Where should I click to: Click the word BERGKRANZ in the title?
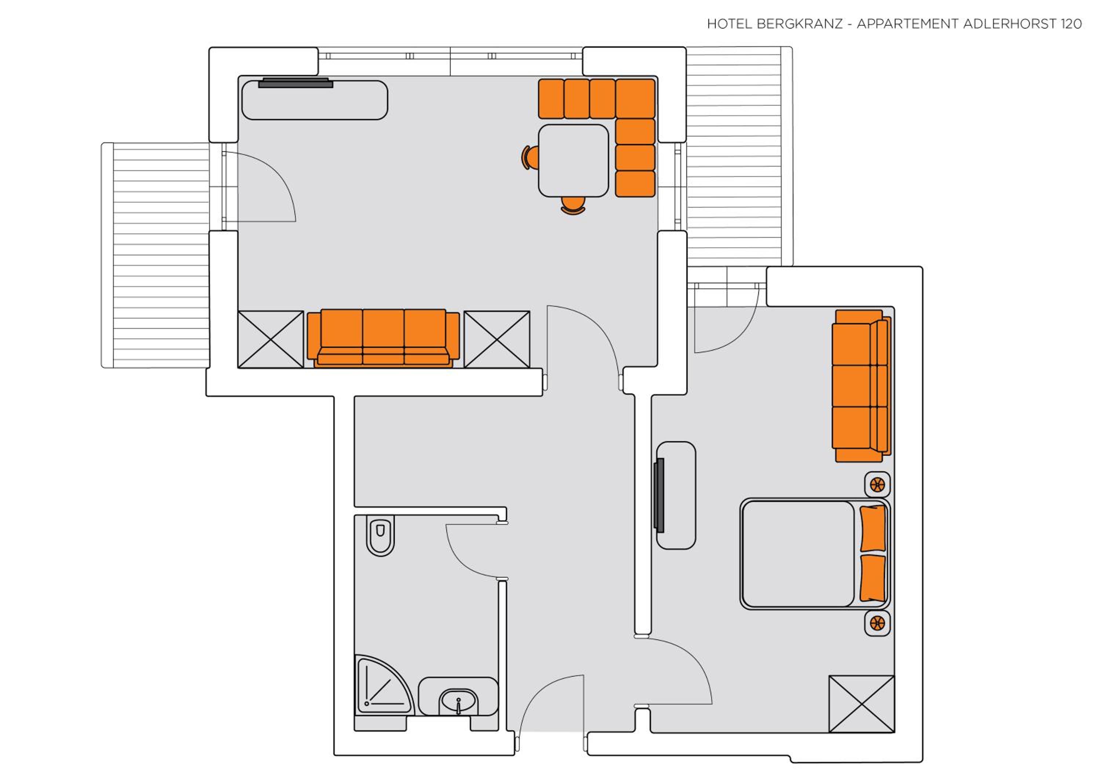pos(799,24)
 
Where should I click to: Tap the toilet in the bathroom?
pos(380,535)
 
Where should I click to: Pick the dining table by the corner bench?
pos(574,161)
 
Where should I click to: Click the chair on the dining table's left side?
pos(530,157)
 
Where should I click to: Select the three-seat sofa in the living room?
pos(383,338)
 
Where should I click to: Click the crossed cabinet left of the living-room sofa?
pos(271,339)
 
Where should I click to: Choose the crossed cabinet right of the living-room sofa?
pos(497,339)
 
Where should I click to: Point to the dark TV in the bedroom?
pos(660,495)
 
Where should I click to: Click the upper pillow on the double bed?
pos(873,528)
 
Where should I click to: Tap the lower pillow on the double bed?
pos(873,578)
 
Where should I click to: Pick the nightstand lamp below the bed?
pos(877,624)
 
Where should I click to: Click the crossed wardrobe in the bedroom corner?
pos(862,704)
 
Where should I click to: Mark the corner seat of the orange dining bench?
pos(635,99)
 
